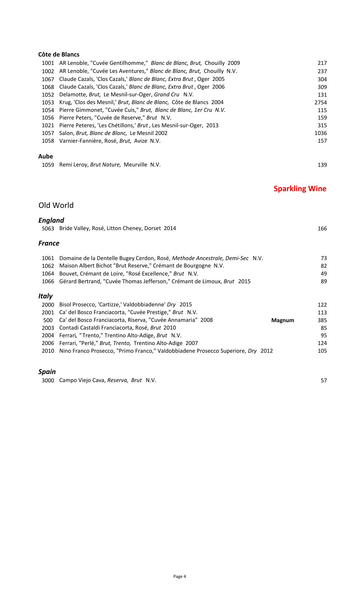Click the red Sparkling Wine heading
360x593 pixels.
point(300,189)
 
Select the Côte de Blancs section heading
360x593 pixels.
point(59,55)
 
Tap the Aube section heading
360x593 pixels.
point(46,157)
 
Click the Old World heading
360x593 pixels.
point(56,205)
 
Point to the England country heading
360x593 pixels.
point(51,220)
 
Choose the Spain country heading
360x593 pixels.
point(47,372)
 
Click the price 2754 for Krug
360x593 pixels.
point(320,103)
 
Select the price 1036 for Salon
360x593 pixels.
point(320,133)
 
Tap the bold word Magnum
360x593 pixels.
point(283,320)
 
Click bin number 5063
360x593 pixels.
point(48,229)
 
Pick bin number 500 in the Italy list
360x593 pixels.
point(48,320)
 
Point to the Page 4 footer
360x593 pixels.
point(180,576)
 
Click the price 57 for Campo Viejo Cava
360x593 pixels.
point(324,381)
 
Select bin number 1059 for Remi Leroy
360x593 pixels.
point(48,165)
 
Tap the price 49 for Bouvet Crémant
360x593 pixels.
point(324,274)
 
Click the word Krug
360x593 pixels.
point(65,103)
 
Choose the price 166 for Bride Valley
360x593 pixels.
point(322,229)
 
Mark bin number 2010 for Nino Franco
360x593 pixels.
point(48,351)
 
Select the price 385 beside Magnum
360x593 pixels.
point(322,320)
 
